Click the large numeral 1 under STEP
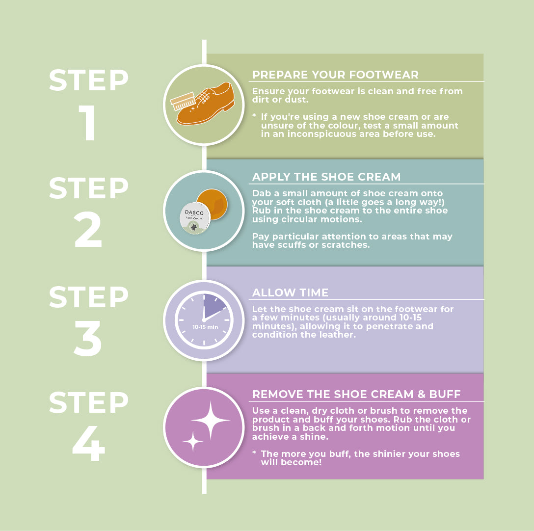[88, 123]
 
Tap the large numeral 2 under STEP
[88, 229]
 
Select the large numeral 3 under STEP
[88, 338]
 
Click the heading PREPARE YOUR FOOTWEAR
[335, 75]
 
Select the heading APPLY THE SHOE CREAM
[326, 177]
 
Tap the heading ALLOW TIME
[290, 292]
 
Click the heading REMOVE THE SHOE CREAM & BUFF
[356, 394]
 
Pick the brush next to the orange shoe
[183, 102]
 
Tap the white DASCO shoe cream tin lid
[195, 218]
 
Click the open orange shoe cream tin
[212, 204]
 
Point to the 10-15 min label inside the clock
[205, 327]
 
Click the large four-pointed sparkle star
[211, 420]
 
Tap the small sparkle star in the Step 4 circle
[193, 441]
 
